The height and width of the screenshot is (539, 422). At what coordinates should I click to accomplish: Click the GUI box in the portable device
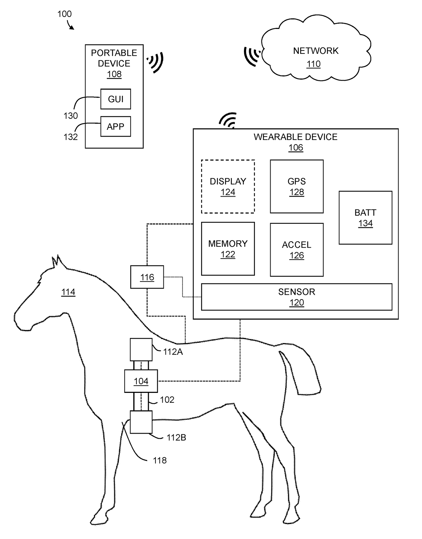(x=116, y=99)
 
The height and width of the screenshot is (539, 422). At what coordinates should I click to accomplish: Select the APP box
(x=116, y=126)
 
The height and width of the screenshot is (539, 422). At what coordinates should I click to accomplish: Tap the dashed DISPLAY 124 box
(x=228, y=186)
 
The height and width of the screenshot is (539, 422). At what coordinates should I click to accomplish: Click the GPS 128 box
(x=297, y=186)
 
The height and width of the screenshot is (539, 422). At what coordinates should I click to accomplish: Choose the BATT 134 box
(x=366, y=217)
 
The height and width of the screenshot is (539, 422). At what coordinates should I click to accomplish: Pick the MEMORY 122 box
(x=228, y=249)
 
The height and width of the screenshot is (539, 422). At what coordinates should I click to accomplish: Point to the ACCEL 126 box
(x=297, y=250)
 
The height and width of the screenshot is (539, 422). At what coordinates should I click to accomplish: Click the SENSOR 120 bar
(x=297, y=297)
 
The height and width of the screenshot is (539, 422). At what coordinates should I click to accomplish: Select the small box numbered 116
(x=147, y=277)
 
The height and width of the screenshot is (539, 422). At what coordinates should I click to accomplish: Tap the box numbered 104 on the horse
(x=141, y=381)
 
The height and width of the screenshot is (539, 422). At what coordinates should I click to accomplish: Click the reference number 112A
(x=173, y=352)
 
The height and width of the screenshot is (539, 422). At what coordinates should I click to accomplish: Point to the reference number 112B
(x=176, y=437)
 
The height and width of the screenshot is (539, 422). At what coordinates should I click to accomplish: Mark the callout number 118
(x=160, y=460)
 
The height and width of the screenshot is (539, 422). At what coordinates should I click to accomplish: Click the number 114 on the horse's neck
(x=68, y=292)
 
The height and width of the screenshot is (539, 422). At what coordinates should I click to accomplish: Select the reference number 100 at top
(x=64, y=14)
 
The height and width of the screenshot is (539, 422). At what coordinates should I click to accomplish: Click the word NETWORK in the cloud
(x=316, y=51)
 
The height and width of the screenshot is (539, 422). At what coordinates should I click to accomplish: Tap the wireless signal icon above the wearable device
(x=228, y=120)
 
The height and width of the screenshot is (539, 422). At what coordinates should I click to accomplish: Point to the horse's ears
(x=56, y=261)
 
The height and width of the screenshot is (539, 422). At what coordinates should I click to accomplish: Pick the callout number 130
(x=70, y=116)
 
